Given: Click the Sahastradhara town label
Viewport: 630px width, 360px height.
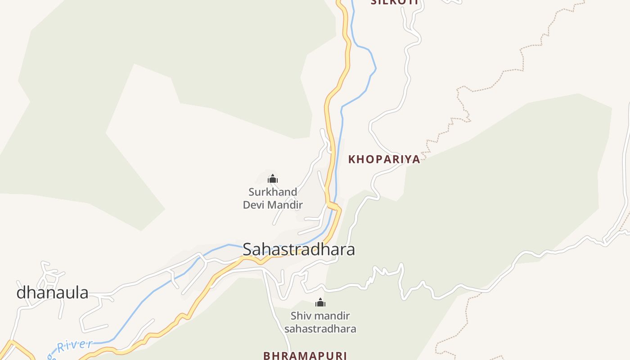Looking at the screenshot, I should pyautogui.click(x=299, y=249).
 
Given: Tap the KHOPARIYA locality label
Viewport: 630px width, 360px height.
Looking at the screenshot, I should pyautogui.click(x=384, y=159).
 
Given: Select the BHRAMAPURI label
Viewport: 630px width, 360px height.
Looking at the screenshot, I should pyautogui.click(x=305, y=355).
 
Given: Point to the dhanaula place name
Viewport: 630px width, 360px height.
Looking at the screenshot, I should pyautogui.click(x=52, y=293).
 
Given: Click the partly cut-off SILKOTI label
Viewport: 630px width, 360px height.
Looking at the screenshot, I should pyautogui.click(x=394, y=2).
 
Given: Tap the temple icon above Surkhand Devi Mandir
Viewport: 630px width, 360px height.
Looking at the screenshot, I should pyautogui.click(x=273, y=179).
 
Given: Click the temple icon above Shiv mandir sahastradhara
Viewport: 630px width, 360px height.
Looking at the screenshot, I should pyautogui.click(x=320, y=302).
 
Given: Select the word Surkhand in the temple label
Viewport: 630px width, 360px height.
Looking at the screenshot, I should pyautogui.click(x=273, y=192).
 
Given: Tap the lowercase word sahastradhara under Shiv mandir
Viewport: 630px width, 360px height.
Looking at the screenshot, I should pyautogui.click(x=320, y=329).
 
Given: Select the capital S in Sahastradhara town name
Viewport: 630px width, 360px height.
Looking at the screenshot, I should pyautogui.click(x=247, y=249).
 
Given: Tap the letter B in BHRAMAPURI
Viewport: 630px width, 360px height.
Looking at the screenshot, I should pyautogui.click(x=267, y=355).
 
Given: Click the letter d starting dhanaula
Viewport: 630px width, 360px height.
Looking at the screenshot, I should pyautogui.click(x=21, y=293).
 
